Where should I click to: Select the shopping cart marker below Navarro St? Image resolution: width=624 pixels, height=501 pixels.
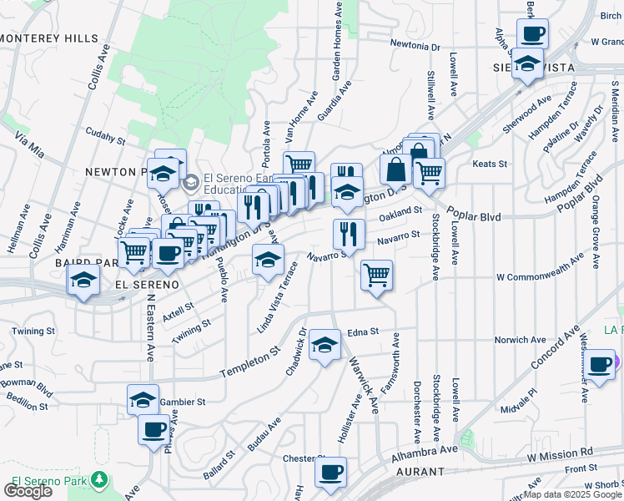coord(377,274)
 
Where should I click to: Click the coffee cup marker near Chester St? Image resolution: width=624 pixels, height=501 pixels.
coord(330,472)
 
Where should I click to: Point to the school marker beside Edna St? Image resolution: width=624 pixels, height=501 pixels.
coord(325,343)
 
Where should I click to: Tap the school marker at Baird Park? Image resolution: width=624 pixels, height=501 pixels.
coord(83,281)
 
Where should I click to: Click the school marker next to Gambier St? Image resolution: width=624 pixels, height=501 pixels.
coord(143,398)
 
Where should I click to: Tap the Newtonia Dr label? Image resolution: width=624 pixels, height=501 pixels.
coord(415,46)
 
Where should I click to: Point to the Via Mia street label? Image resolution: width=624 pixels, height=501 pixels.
coord(28,148)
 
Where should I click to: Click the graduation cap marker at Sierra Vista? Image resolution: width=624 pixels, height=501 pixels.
coord(528,64)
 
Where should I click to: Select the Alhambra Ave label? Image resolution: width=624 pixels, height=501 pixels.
coord(426,452)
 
